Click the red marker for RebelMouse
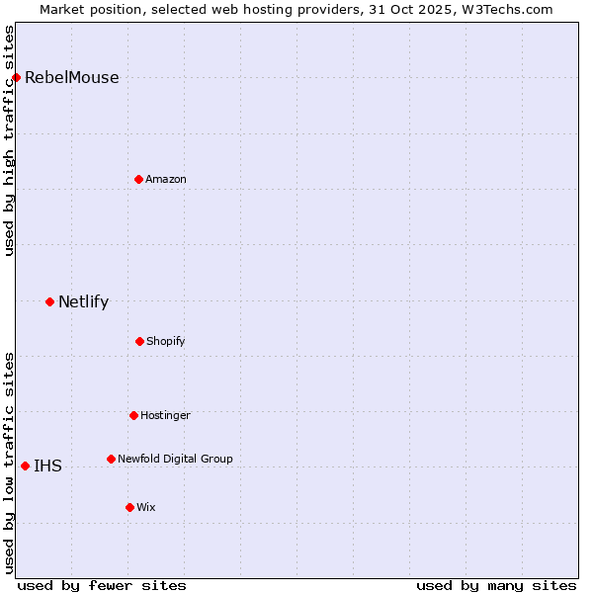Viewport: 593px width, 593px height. click(x=16, y=77)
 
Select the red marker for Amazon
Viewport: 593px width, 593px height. click(x=138, y=179)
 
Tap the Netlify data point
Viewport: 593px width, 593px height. click(x=49, y=301)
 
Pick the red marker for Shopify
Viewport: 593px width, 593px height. click(x=139, y=341)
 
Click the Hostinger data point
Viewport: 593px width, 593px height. click(x=133, y=415)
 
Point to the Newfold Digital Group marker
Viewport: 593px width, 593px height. click(x=111, y=459)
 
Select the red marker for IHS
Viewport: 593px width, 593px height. click(x=25, y=466)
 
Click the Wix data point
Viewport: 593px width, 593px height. click(x=129, y=507)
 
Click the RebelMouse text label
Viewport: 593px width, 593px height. click(x=71, y=78)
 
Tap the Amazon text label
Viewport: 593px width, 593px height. click(x=166, y=180)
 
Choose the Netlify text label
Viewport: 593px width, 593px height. click(x=83, y=302)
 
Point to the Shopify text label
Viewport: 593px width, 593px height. click(x=166, y=342)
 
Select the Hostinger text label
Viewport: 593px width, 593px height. click(x=165, y=416)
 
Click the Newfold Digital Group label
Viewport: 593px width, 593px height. click(x=175, y=460)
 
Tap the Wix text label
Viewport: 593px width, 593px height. click(x=146, y=508)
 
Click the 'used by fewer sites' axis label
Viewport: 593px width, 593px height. click(x=102, y=585)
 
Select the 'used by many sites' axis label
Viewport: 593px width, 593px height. click(x=496, y=585)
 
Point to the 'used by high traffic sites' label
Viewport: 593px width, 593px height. click(x=10, y=139)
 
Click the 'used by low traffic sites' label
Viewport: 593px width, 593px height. click(x=10, y=462)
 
